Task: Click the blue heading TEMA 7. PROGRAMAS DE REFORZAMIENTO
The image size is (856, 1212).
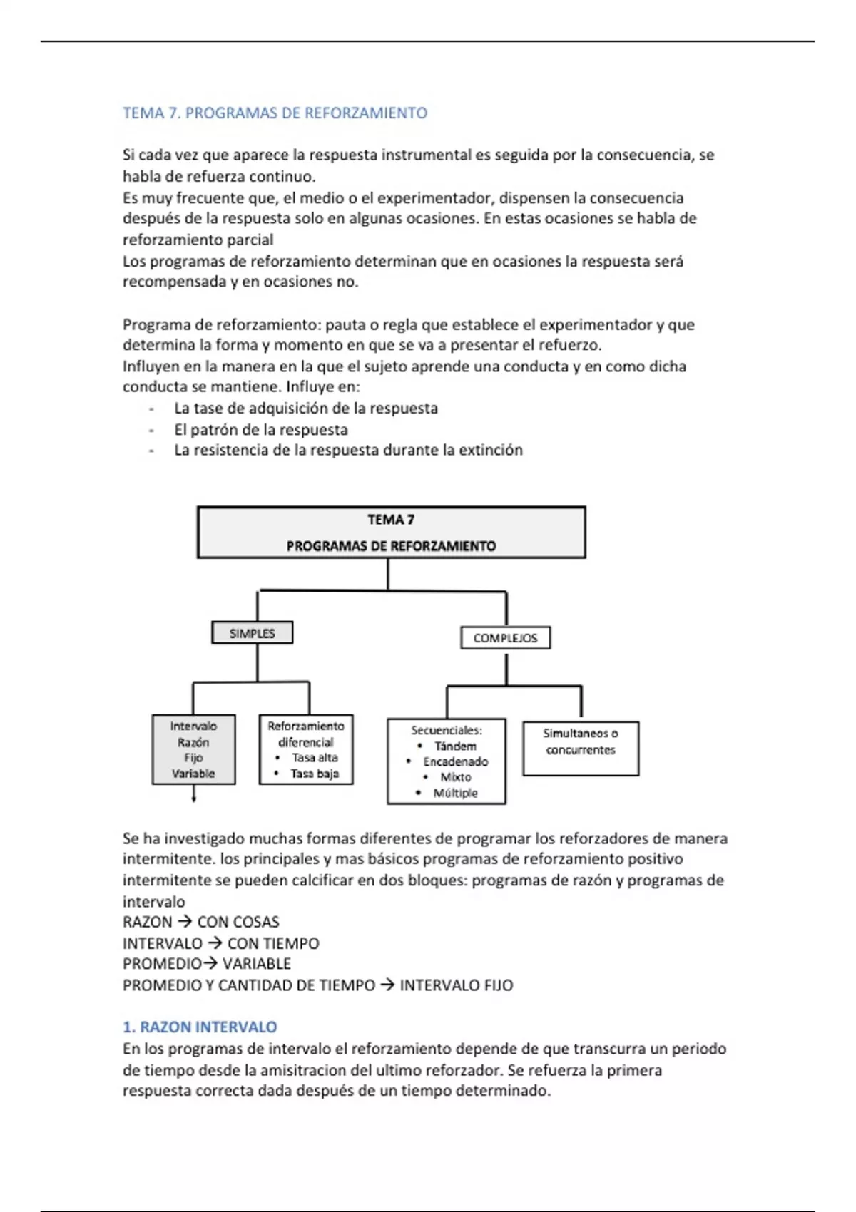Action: coord(275,113)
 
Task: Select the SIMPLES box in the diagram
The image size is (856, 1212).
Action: coord(252,633)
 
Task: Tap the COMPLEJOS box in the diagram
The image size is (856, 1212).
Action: coord(505,638)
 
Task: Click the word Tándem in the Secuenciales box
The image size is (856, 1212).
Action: coord(455,746)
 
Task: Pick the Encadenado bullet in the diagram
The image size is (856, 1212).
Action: coord(455,761)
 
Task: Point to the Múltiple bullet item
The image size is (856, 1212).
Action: coord(455,793)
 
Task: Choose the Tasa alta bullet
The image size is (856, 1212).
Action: coord(315,757)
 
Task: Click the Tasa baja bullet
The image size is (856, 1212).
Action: coord(315,773)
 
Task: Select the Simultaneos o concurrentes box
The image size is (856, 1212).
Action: coord(581,741)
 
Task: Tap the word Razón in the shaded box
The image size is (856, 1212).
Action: coord(193,742)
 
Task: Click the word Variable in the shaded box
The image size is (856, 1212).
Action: coord(193,773)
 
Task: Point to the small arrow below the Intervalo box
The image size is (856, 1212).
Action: coord(194,796)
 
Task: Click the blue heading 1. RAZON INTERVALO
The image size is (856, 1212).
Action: coord(200,1027)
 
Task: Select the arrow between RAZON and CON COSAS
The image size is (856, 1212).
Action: coord(185,922)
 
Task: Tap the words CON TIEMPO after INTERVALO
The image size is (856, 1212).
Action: coord(273,943)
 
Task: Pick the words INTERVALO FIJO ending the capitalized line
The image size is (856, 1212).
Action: coord(456,985)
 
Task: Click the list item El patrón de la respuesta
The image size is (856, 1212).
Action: coord(261,429)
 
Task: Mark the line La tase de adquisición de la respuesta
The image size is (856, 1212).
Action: coord(306,409)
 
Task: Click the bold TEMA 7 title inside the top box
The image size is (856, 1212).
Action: coord(391,520)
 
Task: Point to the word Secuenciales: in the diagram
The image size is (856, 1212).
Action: coord(447,730)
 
